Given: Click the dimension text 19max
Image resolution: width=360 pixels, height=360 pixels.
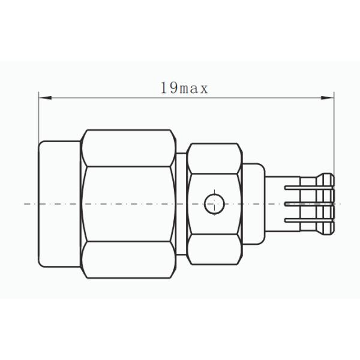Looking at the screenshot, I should [x=184, y=89].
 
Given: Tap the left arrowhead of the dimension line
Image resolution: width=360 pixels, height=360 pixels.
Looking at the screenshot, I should [x=43, y=96].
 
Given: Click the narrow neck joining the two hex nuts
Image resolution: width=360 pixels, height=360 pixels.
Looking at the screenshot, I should [x=181, y=205].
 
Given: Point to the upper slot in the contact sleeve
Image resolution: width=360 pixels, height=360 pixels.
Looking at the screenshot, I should [x=300, y=190].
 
